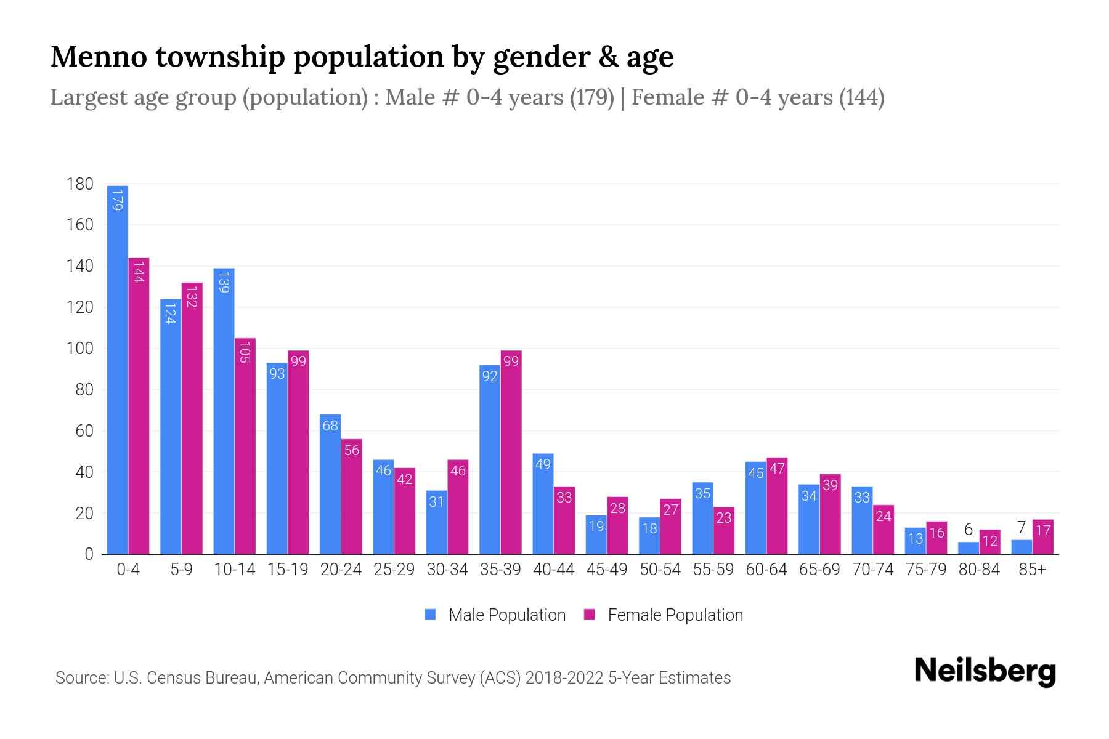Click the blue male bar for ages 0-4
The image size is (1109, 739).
coord(117,369)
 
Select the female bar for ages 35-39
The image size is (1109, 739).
coord(511,453)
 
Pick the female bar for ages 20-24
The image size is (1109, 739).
coord(351,496)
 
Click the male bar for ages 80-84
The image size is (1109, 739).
coord(968,548)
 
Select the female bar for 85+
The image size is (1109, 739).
coord(1042,537)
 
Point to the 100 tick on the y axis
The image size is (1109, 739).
coord(80,349)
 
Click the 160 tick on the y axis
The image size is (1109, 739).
coord(80,225)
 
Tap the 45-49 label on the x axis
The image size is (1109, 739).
coord(606,570)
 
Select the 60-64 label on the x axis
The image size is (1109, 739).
coord(766,570)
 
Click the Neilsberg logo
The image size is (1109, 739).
coord(985,671)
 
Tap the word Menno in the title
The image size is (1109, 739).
coord(98,57)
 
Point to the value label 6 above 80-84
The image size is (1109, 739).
coord(968,530)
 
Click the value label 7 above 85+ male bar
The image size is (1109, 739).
coord(1021,528)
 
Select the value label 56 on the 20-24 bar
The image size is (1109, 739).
coord(351,450)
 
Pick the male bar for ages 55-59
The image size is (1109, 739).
coord(702,519)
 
